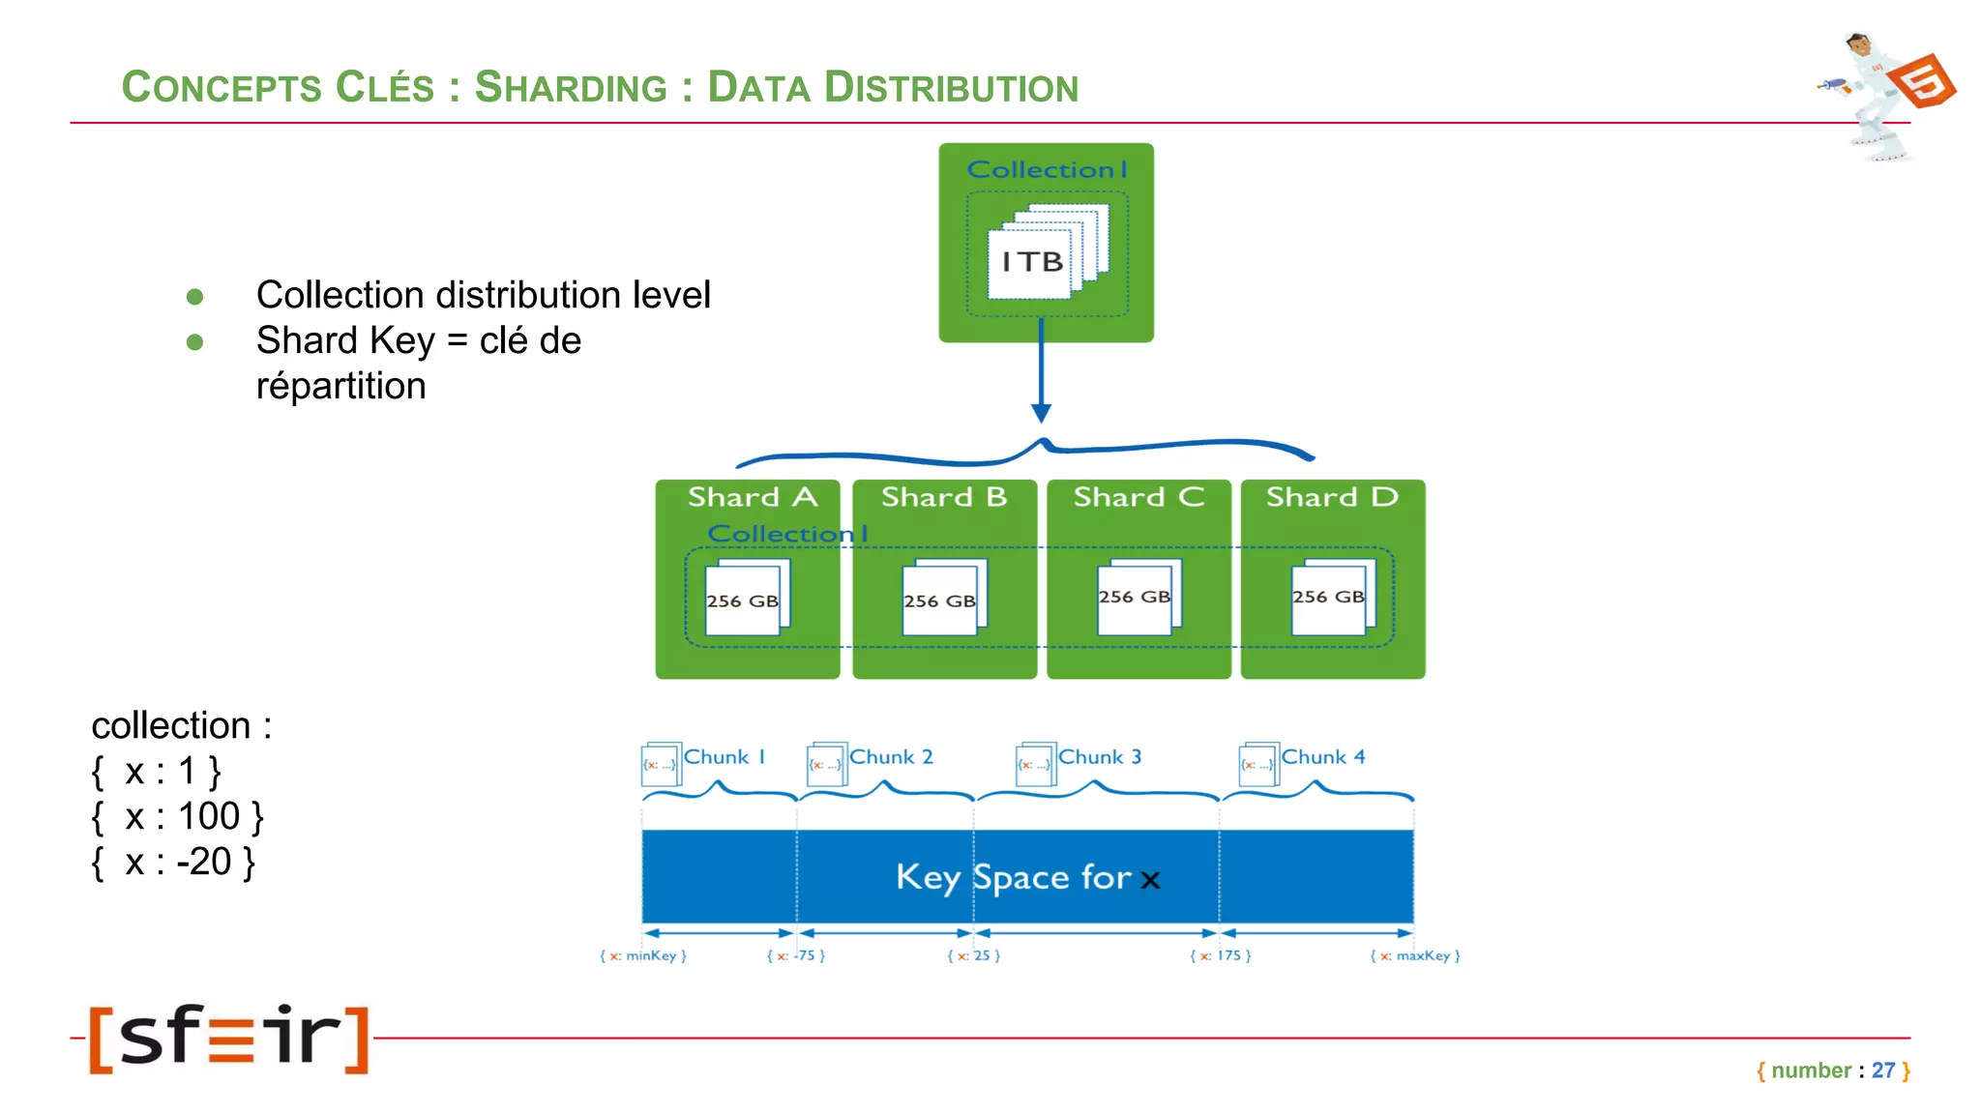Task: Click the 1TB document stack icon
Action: tap(1046, 253)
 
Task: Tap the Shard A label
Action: tap(752, 497)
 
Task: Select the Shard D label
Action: tap(1332, 497)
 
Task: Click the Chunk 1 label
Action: tap(724, 757)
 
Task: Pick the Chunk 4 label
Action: tap(1323, 757)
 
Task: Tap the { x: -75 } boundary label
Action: tap(795, 955)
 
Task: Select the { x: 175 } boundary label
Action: tap(1220, 955)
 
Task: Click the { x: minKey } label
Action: tap(643, 955)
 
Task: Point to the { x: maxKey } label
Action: tap(1415, 955)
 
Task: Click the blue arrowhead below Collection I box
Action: tap(1041, 413)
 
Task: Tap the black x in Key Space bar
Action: tap(1150, 880)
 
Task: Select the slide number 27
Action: tap(1882, 1070)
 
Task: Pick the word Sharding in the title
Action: tap(571, 87)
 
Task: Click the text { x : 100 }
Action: tap(177, 817)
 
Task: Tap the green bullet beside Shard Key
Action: tap(194, 342)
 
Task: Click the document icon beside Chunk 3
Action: tap(1035, 763)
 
